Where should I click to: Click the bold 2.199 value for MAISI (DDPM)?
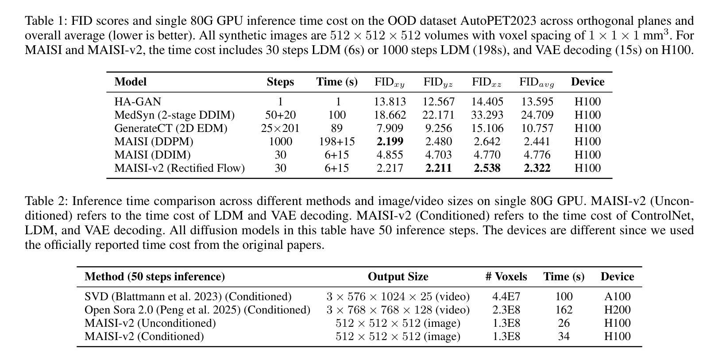390,142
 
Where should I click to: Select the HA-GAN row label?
138,102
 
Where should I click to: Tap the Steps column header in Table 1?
280,82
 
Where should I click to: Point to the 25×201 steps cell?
280,128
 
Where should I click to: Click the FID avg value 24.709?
537,115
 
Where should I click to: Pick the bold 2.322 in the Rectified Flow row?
537,168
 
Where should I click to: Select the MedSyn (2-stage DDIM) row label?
174,115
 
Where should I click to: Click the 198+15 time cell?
337,142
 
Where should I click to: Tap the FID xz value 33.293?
487,115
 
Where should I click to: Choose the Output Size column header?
398,277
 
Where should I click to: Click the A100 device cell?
617,297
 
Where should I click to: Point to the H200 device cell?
617,310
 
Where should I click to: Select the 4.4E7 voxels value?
506,297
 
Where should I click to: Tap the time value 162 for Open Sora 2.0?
564,310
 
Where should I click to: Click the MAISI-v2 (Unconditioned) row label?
150,323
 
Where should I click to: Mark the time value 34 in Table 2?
564,337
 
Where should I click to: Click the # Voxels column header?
506,277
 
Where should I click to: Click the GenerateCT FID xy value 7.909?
390,128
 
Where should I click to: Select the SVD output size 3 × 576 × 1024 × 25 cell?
398,297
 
